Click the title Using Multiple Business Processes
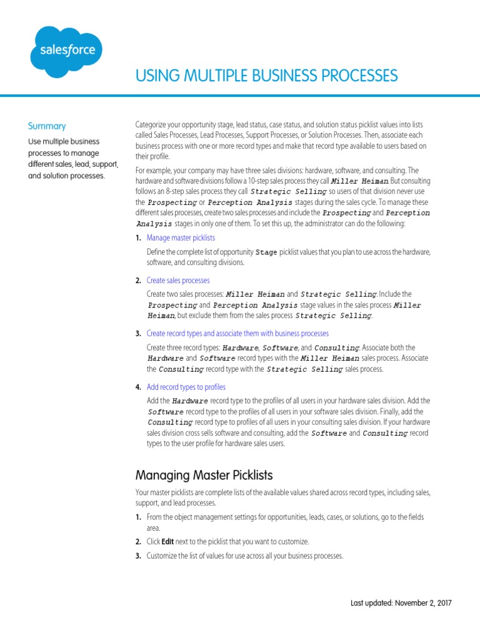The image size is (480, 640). (266, 76)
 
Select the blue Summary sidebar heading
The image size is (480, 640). (47, 126)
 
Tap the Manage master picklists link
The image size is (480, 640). (181, 237)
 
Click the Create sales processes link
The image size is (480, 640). (178, 280)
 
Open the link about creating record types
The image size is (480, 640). (237, 333)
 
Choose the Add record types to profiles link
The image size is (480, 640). (186, 387)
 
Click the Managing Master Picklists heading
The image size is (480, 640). (204, 476)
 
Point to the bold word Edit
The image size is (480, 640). (167, 542)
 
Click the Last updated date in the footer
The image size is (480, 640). (401, 603)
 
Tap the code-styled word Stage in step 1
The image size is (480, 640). (266, 252)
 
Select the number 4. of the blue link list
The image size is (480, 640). (138, 387)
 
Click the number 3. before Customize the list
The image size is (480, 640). (138, 556)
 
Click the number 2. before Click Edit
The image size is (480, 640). (138, 542)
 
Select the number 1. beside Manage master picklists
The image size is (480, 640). (138, 237)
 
